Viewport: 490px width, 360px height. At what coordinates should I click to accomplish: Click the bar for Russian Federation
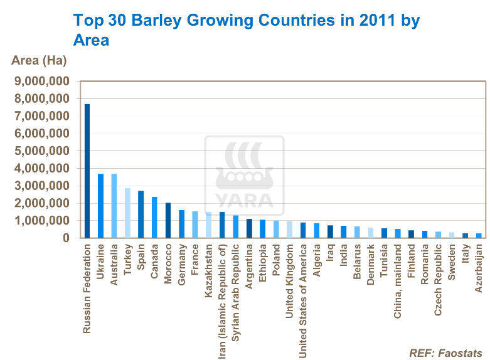[87, 171]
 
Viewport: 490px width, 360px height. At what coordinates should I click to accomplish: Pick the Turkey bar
[127, 213]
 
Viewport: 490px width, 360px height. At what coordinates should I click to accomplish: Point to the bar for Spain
[141, 214]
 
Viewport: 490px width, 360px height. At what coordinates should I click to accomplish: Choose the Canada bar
[154, 217]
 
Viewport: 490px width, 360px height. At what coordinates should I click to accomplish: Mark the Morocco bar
[168, 220]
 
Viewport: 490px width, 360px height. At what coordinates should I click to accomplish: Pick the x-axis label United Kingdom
[289, 273]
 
